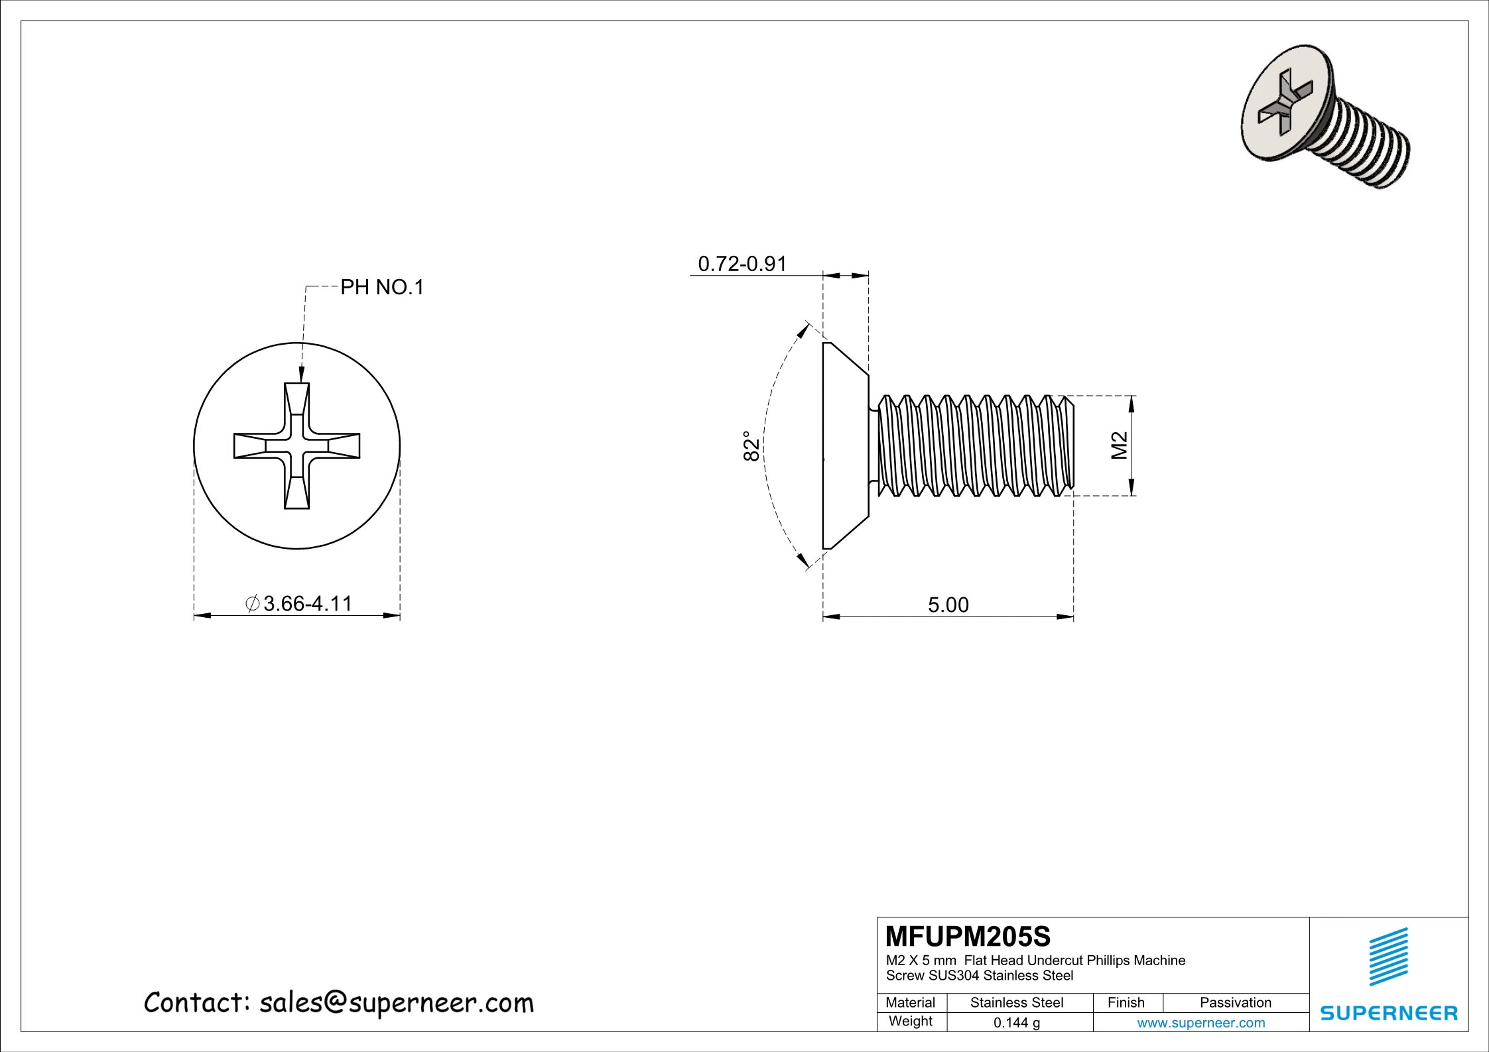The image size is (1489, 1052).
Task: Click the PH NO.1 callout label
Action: point(381,288)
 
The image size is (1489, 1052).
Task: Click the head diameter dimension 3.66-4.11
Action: point(308,604)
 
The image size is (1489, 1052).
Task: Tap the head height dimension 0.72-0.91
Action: point(742,264)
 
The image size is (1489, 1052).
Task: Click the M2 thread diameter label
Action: point(1120,445)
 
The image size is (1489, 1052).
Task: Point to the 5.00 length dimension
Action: point(948,605)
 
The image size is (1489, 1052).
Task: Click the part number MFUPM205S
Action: point(968,936)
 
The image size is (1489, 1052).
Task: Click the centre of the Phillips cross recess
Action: point(296,446)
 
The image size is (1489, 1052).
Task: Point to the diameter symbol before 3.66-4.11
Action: point(252,604)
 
